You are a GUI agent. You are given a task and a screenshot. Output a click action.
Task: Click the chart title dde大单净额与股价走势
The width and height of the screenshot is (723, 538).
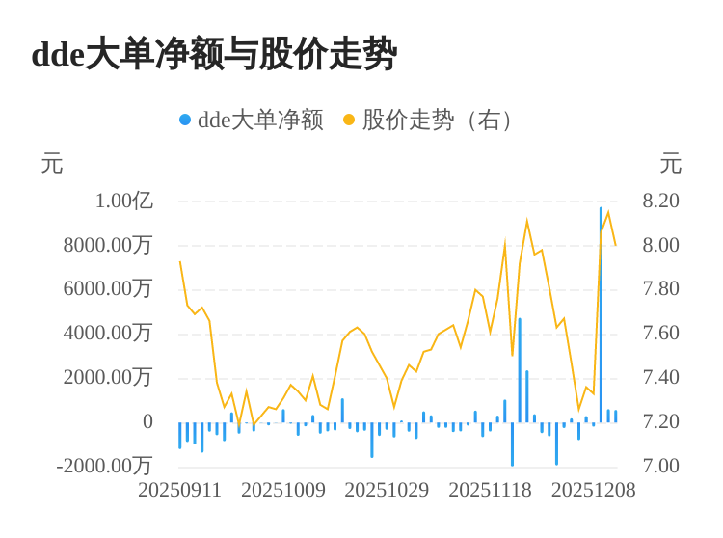pos(214,54)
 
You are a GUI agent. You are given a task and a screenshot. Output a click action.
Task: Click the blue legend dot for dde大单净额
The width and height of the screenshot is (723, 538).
pos(185,120)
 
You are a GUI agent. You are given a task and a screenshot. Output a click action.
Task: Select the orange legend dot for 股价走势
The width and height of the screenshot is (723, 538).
pos(349,120)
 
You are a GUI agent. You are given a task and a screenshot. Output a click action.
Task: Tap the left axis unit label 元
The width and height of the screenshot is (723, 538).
pos(52,164)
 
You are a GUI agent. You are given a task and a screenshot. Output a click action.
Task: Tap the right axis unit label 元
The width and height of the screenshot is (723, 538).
pos(671,164)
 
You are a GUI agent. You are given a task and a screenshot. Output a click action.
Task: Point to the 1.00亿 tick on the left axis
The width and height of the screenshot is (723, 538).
pos(123,201)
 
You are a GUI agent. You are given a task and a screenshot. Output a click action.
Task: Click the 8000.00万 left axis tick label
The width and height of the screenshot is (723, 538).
pos(108,245)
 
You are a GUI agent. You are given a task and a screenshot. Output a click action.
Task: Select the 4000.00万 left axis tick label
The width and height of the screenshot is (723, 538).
pos(108,333)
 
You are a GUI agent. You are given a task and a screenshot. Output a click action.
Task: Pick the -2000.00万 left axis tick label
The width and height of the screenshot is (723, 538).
pos(105,466)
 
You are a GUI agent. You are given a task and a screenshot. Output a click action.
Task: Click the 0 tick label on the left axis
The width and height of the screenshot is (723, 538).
pos(147,421)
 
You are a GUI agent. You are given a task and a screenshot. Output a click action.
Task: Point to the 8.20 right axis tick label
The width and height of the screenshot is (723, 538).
pos(661,201)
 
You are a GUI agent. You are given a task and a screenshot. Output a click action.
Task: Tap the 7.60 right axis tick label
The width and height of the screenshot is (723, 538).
pos(661,333)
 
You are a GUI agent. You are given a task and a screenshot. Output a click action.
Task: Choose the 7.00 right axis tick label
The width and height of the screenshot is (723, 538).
pos(661,466)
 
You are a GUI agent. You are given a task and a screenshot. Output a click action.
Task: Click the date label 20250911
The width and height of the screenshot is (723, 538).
pos(180,490)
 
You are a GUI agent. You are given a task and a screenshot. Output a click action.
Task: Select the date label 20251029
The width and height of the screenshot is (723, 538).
pos(387,490)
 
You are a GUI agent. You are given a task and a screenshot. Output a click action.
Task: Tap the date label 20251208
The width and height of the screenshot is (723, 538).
pos(594,490)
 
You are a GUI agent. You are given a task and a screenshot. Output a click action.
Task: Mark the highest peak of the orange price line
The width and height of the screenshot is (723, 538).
pos(608,212)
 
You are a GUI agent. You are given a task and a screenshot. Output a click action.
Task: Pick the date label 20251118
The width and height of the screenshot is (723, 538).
pos(491,490)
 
